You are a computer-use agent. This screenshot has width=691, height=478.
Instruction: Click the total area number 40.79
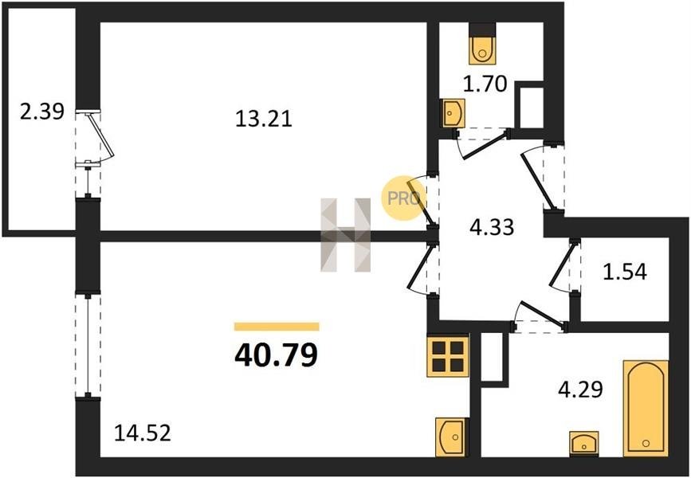click(x=276, y=354)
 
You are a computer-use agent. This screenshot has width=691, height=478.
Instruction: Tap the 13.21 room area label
click(x=264, y=119)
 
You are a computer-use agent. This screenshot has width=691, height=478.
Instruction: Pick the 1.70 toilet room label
click(x=485, y=84)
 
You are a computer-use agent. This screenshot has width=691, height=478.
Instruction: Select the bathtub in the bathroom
click(x=645, y=408)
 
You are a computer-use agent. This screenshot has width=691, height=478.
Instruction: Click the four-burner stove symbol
click(x=447, y=355)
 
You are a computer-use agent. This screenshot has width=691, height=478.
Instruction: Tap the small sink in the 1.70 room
click(x=452, y=112)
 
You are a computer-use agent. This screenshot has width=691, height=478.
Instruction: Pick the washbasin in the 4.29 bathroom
click(x=584, y=443)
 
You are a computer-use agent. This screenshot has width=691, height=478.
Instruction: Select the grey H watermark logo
click(x=346, y=235)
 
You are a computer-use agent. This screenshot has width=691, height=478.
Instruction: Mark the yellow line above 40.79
click(x=276, y=326)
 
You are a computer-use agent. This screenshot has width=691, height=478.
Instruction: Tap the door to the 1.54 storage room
click(x=565, y=267)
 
